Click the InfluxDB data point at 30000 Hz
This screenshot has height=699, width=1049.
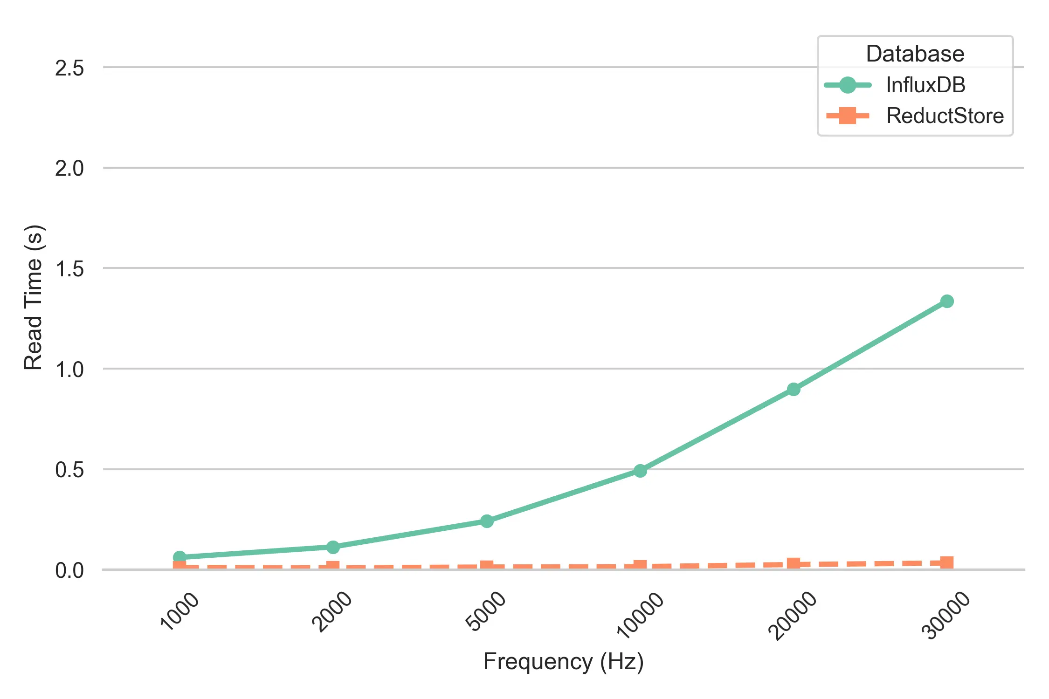coord(946,302)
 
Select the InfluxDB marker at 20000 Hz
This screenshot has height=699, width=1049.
coord(794,389)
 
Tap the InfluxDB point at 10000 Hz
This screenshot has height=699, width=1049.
coord(640,471)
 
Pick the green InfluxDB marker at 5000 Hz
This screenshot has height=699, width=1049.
coord(487,521)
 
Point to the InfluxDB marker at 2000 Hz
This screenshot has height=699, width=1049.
coord(333,547)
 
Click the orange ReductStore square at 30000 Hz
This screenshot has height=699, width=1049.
coord(946,562)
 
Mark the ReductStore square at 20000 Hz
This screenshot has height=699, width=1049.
coord(794,564)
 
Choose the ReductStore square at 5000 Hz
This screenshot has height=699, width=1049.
coord(487,566)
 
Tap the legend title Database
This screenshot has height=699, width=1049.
coord(915,54)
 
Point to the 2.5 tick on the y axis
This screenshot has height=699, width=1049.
coord(69,68)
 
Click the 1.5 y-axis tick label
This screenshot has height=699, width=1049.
coord(69,269)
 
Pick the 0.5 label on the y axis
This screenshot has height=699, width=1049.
coord(69,470)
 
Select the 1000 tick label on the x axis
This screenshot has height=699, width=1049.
coord(180,610)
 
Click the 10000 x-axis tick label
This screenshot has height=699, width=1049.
coord(640,614)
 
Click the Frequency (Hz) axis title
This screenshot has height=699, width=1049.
coord(563,661)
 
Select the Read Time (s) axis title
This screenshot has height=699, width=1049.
coord(34,297)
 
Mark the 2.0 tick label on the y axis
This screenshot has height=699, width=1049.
coord(69,168)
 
